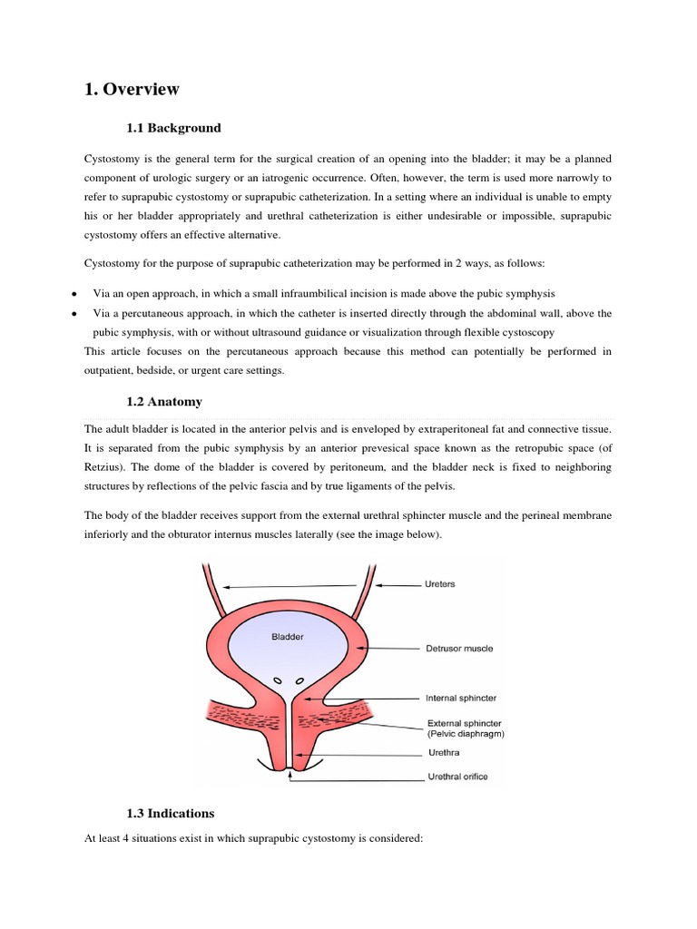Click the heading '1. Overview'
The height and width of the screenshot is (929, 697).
[132, 89]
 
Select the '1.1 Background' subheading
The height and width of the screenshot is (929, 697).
[173, 128]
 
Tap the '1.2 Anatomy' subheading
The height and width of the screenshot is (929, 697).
[164, 401]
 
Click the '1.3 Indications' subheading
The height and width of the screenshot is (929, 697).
[171, 813]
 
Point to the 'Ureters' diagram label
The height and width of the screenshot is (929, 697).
[440, 584]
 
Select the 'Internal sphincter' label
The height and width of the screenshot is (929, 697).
[460, 699]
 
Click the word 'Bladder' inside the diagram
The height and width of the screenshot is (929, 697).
[288, 637]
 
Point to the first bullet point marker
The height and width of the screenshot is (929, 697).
[72, 295]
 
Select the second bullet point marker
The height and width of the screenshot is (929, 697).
[72, 314]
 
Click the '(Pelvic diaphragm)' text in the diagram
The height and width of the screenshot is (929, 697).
[466, 734]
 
